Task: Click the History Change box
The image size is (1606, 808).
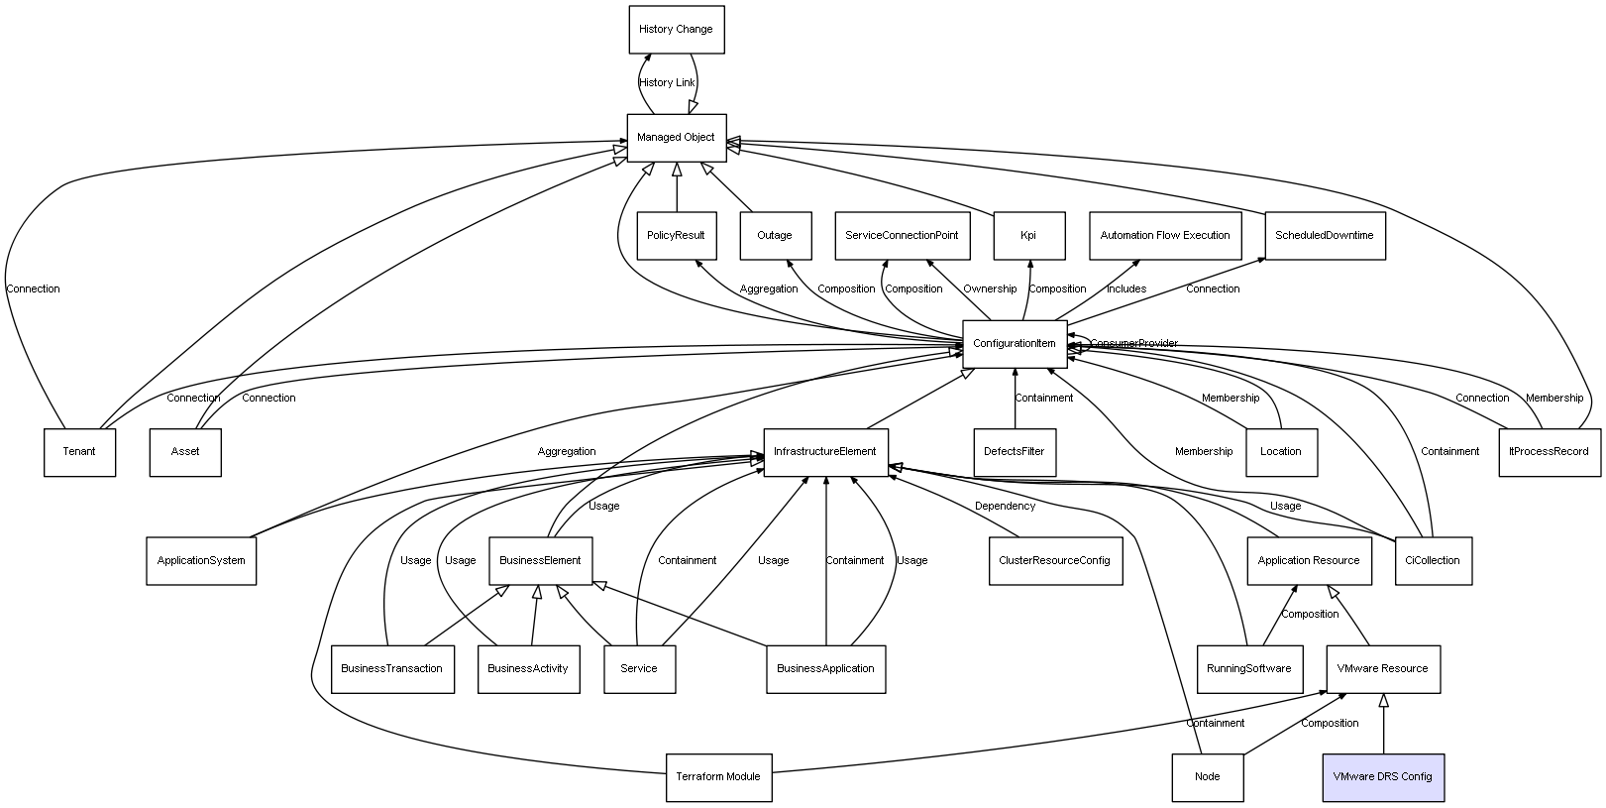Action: (x=677, y=30)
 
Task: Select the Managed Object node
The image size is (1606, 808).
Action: (x=677, y=138)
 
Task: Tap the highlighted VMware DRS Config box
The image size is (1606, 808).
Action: (x=1383, y=777)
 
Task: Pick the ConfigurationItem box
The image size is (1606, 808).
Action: (x=1015, y=344)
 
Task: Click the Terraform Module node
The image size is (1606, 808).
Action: (x=718, y=777)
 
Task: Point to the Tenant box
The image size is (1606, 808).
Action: (x=79, y=452)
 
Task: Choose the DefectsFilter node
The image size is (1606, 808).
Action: (x=1015, y=452)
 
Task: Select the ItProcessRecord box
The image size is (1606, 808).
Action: (x=1550, y=452)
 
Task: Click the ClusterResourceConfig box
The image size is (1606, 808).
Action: (x=1055, y=560)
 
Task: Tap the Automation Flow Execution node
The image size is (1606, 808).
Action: (x=1165, y=235)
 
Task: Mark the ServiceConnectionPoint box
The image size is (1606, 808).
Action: (x=902, y=235)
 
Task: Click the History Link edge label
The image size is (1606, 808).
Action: (x=667, y=82)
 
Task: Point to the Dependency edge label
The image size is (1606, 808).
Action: (x=1006, y=506)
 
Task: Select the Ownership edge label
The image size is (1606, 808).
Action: (x=990, y=289)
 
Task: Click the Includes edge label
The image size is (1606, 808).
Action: (x=1126, y=289)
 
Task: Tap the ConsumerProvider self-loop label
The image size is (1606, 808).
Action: (x=1133, y=343)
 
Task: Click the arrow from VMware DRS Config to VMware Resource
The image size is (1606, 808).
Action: (x=1384, y=724)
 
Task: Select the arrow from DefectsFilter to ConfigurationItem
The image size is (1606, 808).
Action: (x=1015, y=399)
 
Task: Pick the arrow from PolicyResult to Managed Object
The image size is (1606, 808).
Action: (x=677, y=186)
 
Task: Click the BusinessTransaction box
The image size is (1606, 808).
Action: (x=392, y=669)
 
